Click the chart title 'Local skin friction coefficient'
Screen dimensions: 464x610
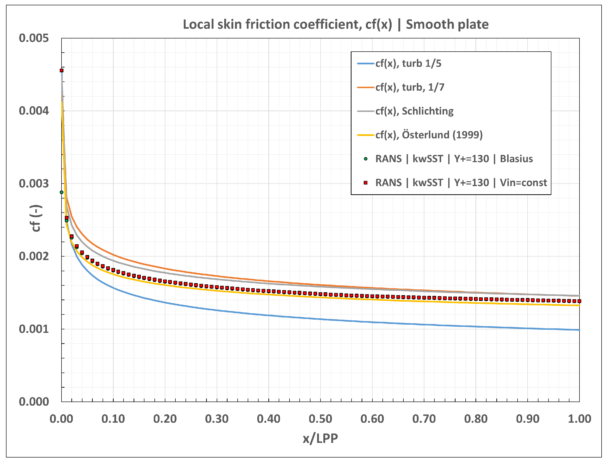287,24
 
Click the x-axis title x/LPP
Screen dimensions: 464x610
320,439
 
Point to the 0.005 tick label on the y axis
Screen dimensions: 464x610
34,38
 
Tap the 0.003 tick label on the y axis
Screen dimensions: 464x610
34,184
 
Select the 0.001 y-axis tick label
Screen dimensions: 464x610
34,329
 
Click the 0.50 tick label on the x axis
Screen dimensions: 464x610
320,419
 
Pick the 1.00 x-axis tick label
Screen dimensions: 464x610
579,419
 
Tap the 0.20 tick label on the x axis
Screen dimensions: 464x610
165,419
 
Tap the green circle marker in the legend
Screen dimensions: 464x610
365,159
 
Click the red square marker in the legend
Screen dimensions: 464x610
365,183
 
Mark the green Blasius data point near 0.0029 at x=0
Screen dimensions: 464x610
62,192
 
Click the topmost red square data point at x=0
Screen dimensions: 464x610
62,70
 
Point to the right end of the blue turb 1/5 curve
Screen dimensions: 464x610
579,330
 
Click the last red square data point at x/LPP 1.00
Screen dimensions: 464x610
579,301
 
